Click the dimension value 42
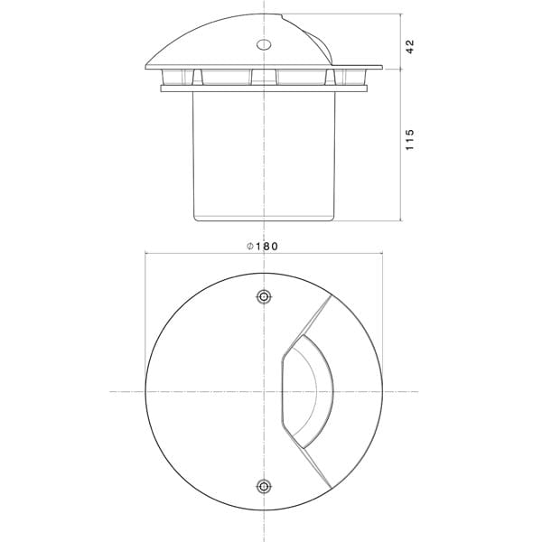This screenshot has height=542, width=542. pos(410,46)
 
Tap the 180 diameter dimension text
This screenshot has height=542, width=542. pos(266,246)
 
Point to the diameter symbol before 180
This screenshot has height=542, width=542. pos(250,246)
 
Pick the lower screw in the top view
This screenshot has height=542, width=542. pos(263,486)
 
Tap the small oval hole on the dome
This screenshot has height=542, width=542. pos(264,43)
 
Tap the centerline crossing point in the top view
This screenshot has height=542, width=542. pos(263,391)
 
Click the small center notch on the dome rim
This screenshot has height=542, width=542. pos(263,76)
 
